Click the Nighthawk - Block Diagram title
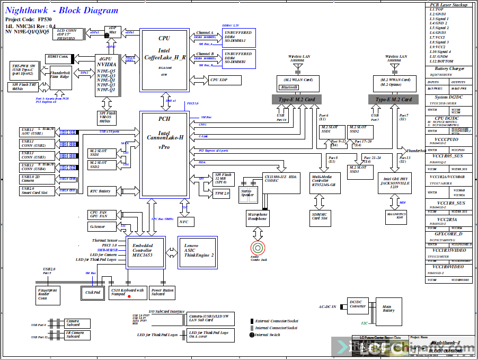point(62,11)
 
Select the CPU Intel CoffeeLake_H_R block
point(164,53)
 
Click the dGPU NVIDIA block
point(107,75)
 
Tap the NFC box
point(183,222)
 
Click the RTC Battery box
point(101,191)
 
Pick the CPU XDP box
point(226,80)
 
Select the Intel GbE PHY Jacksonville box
point(395,183)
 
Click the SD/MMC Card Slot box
point(320,216)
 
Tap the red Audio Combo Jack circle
point(258,248)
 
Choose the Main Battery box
point(387,309)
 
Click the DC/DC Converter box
point(357,304)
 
